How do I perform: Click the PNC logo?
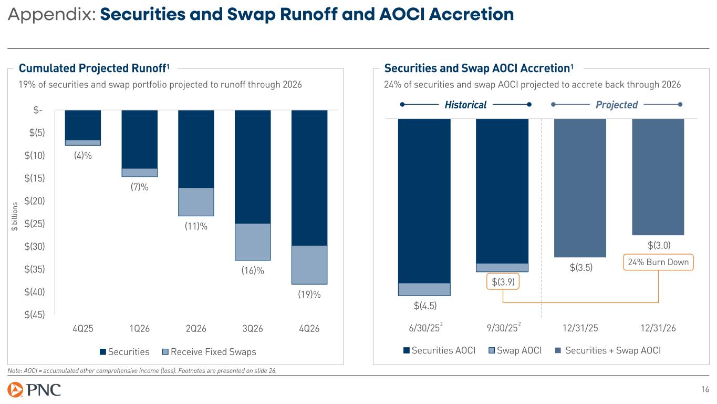(35, 390)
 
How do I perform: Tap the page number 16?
(705, 390)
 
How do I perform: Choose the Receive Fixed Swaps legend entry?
(210, 351)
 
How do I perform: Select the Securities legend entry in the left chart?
(125, 351)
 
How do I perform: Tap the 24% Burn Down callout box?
(658, 262)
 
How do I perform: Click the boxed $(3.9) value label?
(503, 282)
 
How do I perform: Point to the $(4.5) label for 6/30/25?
(425, 305)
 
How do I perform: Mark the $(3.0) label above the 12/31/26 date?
(659, 245)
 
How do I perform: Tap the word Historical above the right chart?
(465, 105)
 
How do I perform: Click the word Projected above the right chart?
(617, 105)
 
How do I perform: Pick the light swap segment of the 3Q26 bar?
(253, 242)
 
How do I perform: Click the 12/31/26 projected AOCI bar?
(658, 177)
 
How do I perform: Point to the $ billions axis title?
(15, 216)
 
